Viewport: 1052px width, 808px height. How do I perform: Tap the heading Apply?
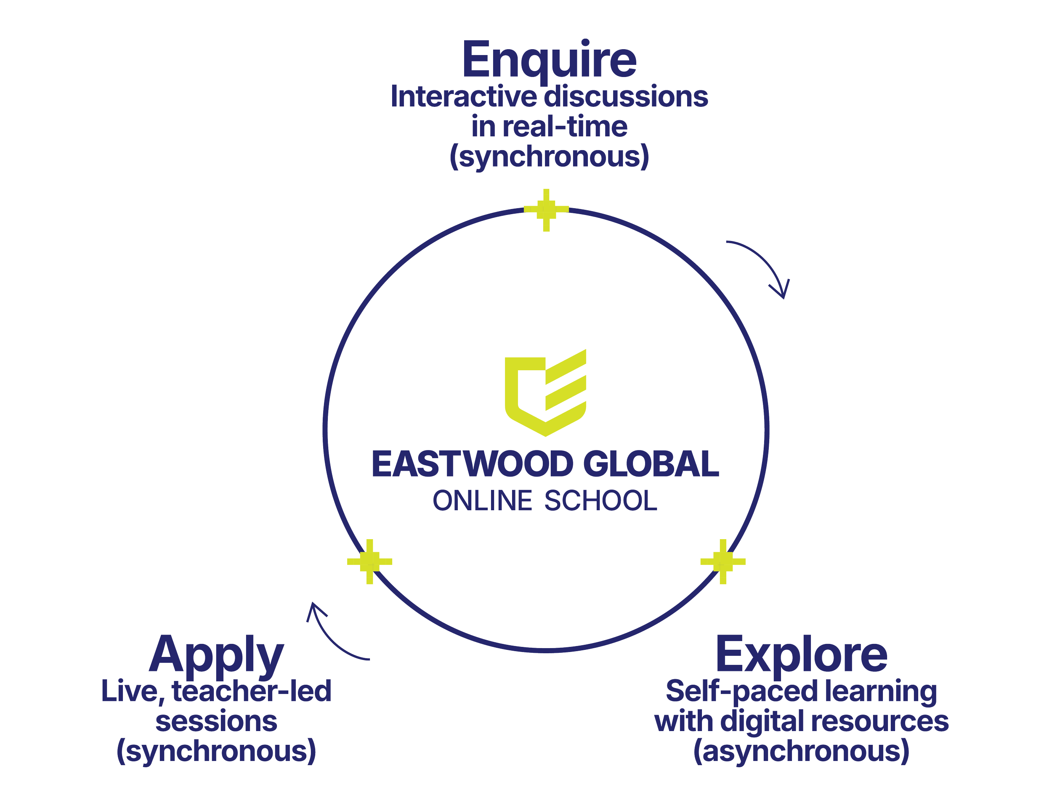click(x=216, y=655)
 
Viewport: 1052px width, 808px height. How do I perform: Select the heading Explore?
click(x=801, y=655)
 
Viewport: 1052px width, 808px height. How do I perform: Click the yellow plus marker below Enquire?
click(x=546, y=210)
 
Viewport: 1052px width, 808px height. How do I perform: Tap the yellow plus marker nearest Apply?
click(x=369, y=561)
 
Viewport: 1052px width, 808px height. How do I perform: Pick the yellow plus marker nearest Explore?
click(x=723, y=561)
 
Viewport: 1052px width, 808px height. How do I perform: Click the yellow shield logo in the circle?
click(x=545, y=392)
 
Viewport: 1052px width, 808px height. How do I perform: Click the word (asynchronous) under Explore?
click(x=801, y=752)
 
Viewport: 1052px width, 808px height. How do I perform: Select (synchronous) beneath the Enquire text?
click(x=549, y=157)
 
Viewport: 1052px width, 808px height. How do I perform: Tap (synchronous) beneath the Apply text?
click(x=216, y=752)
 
